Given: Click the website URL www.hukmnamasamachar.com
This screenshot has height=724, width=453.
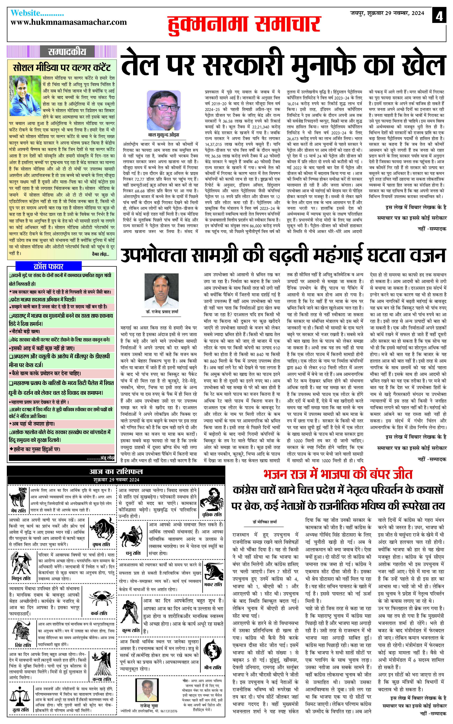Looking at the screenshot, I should [69, 22].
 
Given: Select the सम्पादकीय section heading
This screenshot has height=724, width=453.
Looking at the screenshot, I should [67, 51].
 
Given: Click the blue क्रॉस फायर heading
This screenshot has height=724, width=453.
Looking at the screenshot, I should [48, 266].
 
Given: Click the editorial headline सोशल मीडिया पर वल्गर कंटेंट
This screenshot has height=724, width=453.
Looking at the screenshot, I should [62, 68].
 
